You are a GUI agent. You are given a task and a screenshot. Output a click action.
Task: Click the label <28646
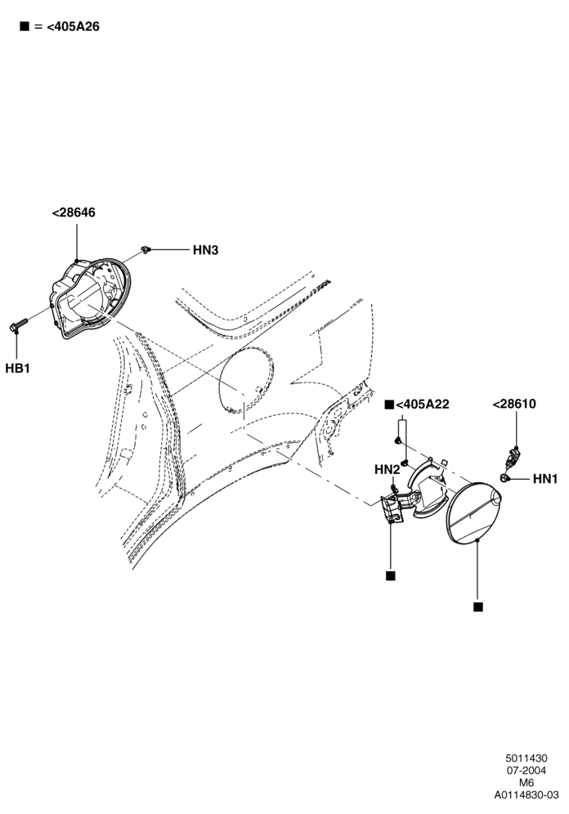(x=74, y=212)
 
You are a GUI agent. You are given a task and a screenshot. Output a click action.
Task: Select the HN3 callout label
(x=205, y=250)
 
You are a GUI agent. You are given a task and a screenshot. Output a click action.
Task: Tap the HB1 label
(x=18, y=369)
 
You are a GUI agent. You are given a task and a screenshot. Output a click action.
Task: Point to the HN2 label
(x=388, y=470)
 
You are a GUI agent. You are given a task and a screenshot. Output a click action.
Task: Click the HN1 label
(x=545, y=479)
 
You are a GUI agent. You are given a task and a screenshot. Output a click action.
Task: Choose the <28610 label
(x=514, y=404)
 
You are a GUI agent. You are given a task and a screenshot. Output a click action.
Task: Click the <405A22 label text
(x=423, y=405)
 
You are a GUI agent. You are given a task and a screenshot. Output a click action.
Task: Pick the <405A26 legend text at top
(x=73, y=26)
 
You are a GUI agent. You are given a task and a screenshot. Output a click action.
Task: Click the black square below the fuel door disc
(x=478, y=607)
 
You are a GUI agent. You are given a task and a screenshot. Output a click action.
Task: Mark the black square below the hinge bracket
(x=391, y=575)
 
